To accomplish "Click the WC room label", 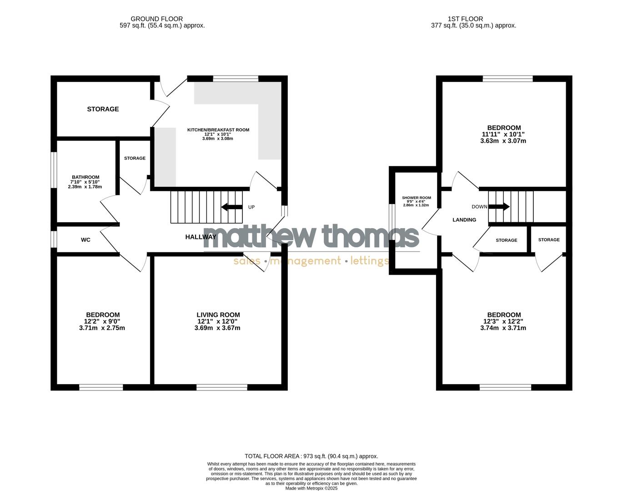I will click(x=85, y=240).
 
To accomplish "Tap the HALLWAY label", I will click(x=201, y=237).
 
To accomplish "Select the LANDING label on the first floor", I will click(x=464, y=220).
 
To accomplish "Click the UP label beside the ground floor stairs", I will click(x=251, y=207).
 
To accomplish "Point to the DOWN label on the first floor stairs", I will click(x=479, y=207).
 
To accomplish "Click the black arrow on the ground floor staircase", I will click(x=231, y=207).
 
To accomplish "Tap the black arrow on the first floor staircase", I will click(x=499, y=207).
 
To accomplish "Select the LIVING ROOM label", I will click(x=218, y=315).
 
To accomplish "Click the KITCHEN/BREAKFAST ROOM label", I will click(x=218, y=130).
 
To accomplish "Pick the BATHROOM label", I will click(x=85, y=177).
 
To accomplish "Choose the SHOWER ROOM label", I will click(x=416, y=198).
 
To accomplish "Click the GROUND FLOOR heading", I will click(x=156, y=19).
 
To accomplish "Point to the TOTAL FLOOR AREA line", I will click(x=311, y=456).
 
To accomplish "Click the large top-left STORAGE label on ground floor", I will click(x=103, y=109).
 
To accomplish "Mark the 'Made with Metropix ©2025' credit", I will click(x=311, y=488).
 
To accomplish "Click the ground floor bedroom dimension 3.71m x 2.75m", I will click(x=102, y=328).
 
